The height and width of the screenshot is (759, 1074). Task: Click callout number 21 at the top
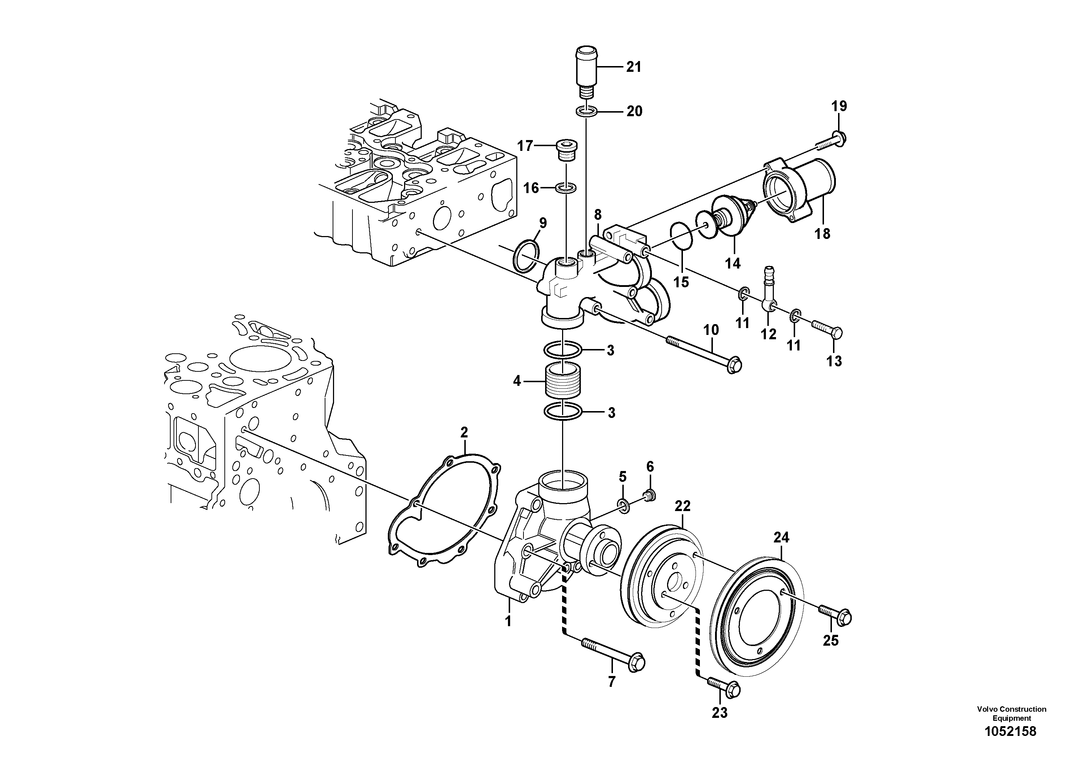click(634, 67)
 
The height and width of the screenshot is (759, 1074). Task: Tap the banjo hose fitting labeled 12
click(768, 297)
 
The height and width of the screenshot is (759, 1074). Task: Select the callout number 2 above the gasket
click(464, 432)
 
